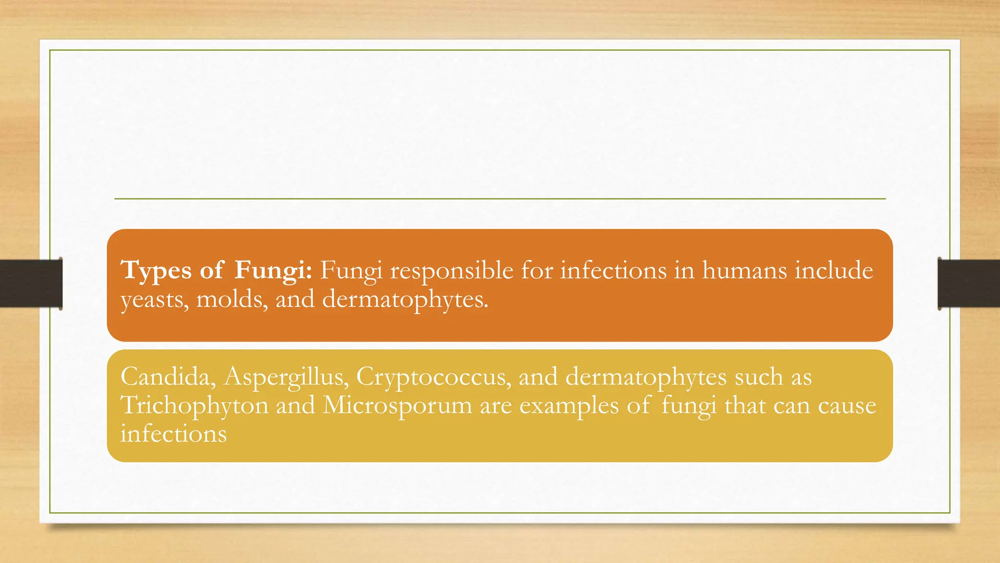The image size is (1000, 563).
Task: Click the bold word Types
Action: tap(156, 270)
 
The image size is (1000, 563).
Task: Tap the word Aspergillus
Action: tap(286, 377)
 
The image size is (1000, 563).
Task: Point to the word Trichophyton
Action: tap(194, 405)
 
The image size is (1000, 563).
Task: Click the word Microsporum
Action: tap(397, 405)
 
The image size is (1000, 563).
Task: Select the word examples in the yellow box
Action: tap(569, 405)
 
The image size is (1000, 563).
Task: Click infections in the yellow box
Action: tap(173, 433)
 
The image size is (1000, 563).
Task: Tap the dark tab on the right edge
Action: tap(969, 283)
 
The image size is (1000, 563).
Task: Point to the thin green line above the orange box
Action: tap(500, 199)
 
